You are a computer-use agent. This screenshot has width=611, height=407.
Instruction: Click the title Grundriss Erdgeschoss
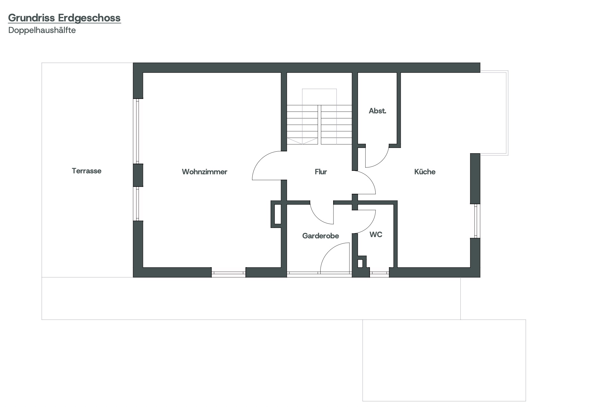click(64, 18)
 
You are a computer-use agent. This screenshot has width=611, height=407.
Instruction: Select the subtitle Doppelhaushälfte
click(42, 30)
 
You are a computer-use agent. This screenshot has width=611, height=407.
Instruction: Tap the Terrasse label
click(86, 171)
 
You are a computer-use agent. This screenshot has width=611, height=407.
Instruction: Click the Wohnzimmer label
click(205, 172)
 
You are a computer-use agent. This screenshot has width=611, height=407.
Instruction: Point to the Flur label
click(321, 172)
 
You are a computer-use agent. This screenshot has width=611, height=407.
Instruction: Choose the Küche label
click(425, 172)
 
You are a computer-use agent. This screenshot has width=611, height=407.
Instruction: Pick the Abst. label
click(377, 111)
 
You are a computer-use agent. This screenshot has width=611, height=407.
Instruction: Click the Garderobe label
click(321, 236)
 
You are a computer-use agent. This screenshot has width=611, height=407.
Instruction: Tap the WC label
click(376, 235)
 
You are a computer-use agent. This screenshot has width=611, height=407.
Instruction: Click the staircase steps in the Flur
click(319, 125)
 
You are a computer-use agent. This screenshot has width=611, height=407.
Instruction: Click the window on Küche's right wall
click(476, 221)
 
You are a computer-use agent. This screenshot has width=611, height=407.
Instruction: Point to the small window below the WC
click(379, 273)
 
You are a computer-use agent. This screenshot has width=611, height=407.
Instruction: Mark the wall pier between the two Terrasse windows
click(138, 175)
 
